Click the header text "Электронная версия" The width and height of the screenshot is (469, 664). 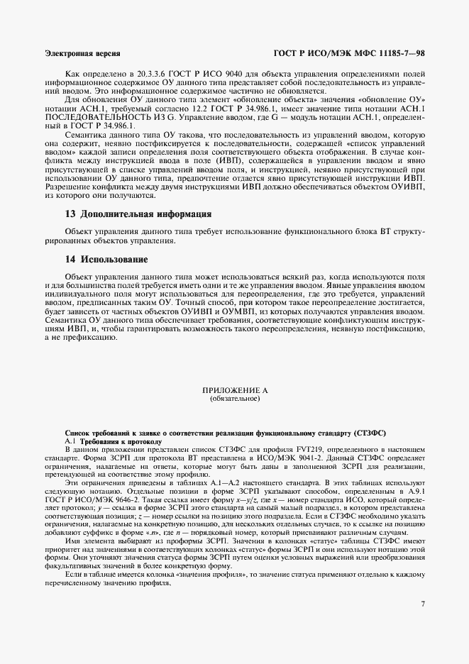click(82, 53)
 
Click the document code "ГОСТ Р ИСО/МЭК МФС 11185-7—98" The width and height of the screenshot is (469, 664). click(348, 53)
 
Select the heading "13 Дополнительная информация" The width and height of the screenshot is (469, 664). click(138, 214)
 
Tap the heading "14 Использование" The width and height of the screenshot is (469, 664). click(106, 259)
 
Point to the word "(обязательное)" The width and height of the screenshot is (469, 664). click(234, 399)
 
